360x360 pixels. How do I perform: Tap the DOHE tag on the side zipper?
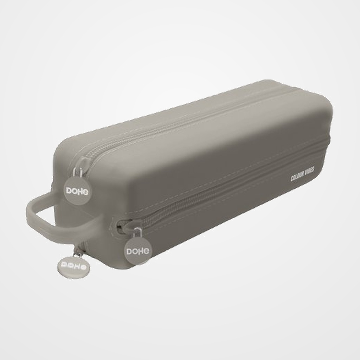137,250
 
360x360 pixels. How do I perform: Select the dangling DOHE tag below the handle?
73,266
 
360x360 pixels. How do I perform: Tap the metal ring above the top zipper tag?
79,173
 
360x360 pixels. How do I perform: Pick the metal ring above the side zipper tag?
138,233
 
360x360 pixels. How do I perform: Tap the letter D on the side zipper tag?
129,252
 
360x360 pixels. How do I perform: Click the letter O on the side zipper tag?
135,251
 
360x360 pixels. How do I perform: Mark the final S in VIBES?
314,170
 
